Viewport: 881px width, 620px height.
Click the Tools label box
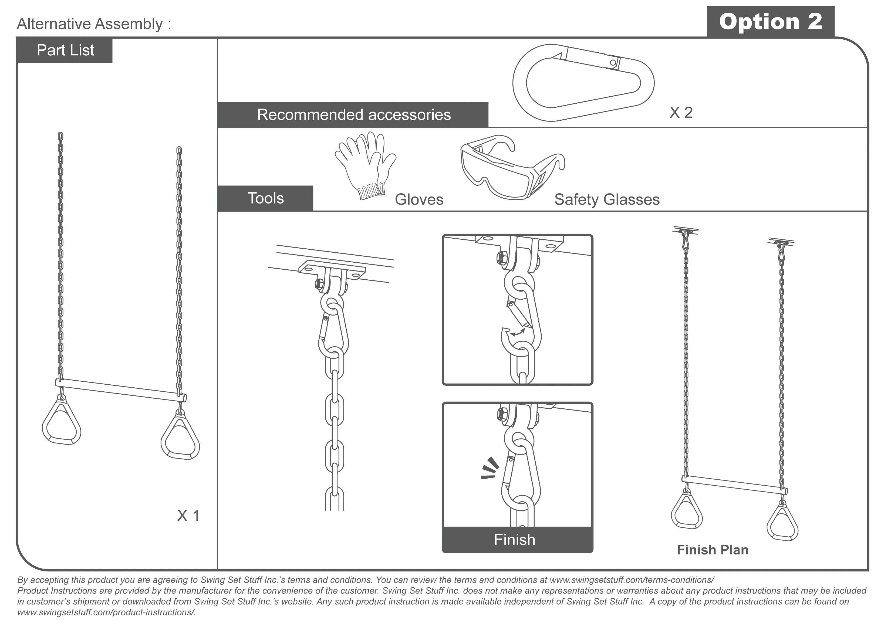click(x=265, y=198)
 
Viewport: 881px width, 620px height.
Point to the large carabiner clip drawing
click(x=583, y=83)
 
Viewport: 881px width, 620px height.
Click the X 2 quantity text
click(x=681, y=113)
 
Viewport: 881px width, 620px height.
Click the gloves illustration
click(x=364, y=165)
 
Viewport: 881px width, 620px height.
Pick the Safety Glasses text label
click(x=607, y=199)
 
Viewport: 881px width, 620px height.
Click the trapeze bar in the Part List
click(x=121, y=390)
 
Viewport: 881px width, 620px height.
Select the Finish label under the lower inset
click(x=514, y=540)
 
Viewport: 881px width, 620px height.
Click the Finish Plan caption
click(x=712, y=550)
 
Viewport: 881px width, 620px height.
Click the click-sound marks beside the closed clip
click(x=490, y=469)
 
